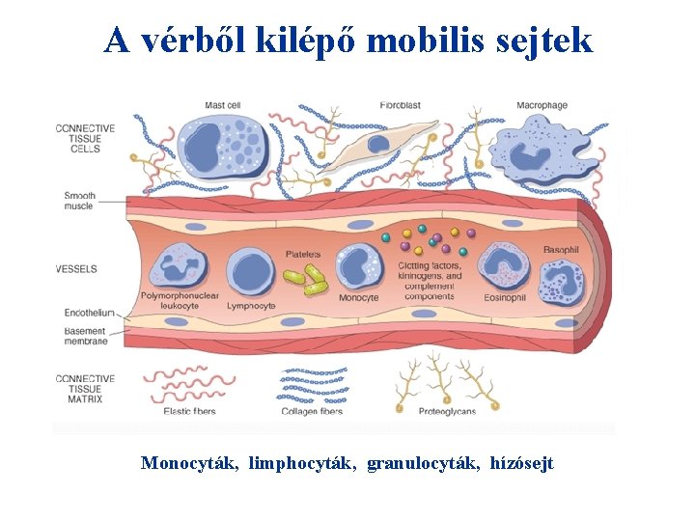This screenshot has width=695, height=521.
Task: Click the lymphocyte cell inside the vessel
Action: [x=252, y=270]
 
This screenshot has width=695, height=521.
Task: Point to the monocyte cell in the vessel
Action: [x=359, y=267]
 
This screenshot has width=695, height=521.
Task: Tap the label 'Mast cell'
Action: [x=222, y=105]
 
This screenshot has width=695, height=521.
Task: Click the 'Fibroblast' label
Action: [x=400, y=105]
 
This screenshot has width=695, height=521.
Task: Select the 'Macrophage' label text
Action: [x=542, y=105]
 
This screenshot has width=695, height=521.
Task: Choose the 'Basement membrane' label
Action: [x=86, y=336]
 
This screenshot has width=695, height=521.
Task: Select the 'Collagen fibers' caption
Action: [x=312, y=411]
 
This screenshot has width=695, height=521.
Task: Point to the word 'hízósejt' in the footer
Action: [x=521, y=464]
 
